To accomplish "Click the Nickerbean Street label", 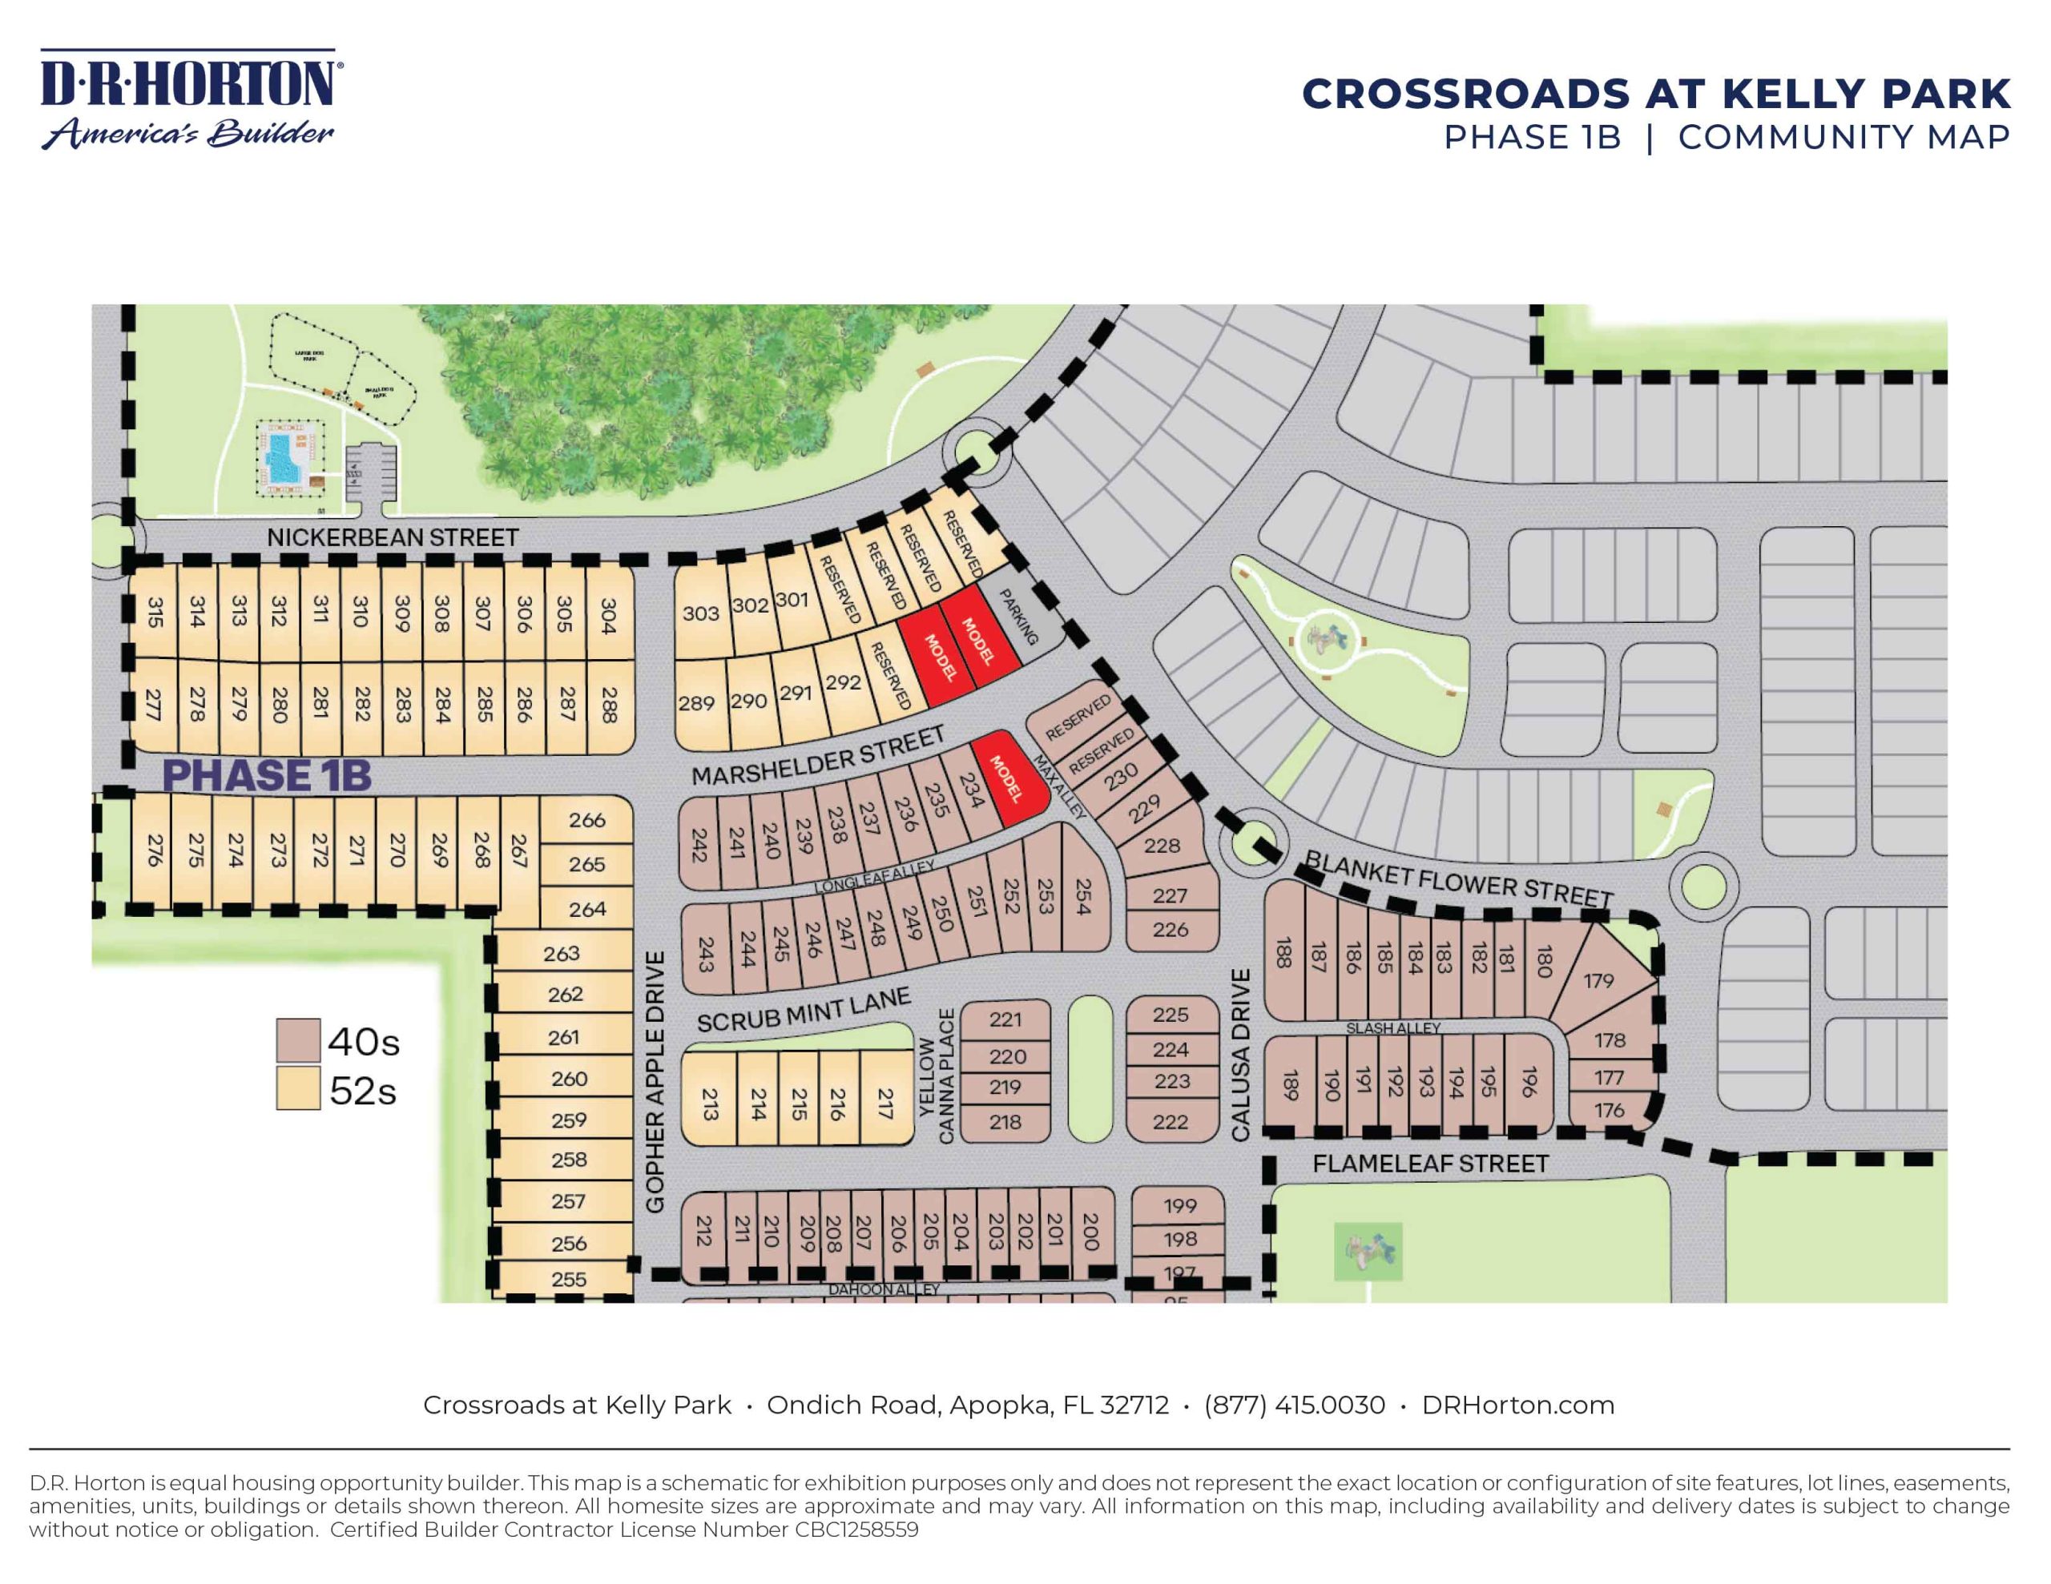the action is (x=393, y=538).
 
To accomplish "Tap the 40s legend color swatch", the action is (x=298, y=1040).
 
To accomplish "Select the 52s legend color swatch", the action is (x=298, y=1089).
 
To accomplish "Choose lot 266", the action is (x=587, y=821).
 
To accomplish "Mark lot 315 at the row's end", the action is (x=155, y=612).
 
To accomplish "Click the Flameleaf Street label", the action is (x=1429, y=1164).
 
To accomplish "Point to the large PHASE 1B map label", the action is (x=267, y=775).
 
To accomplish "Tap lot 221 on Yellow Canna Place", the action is (x=1005, y=1019).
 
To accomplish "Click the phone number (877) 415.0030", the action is (x=1294, y=1405).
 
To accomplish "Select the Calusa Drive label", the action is (x=1240, y=1055).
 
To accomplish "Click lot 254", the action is (x=1083, y=896).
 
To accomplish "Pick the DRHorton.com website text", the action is (x=1517, y=1405).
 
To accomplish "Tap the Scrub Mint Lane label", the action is (x=803, y=1011).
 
